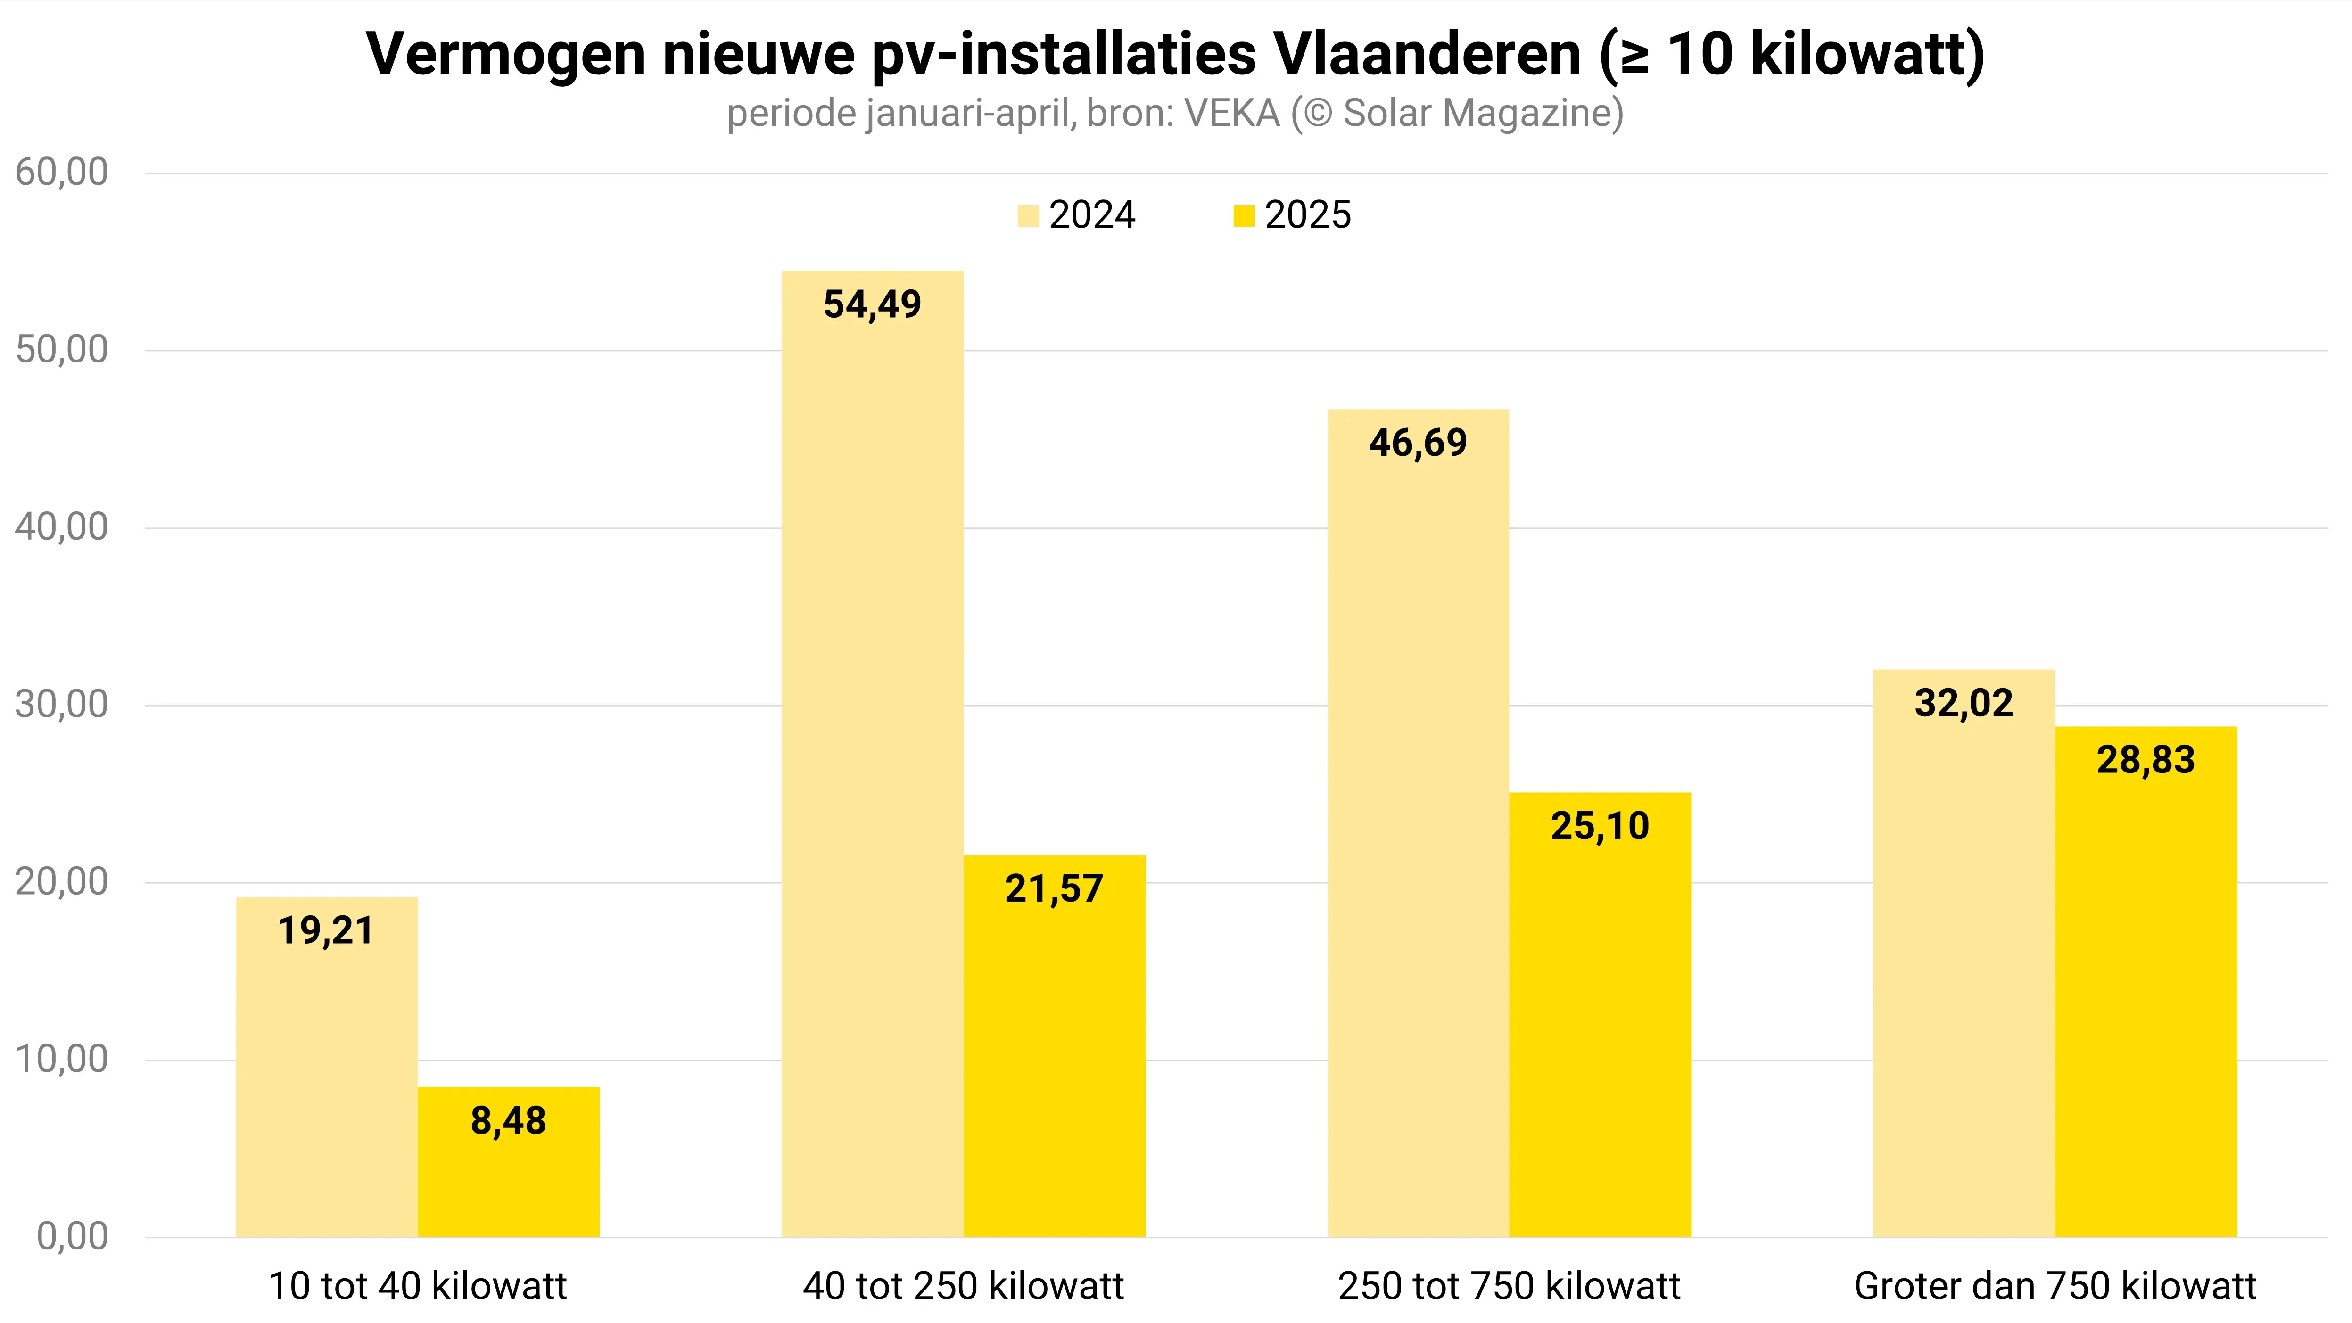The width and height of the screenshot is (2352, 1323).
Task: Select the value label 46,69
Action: pos(1418,444)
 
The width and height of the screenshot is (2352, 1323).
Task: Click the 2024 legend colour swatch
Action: pos(1028,216)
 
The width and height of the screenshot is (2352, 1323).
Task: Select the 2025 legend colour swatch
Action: pos(1244,216)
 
